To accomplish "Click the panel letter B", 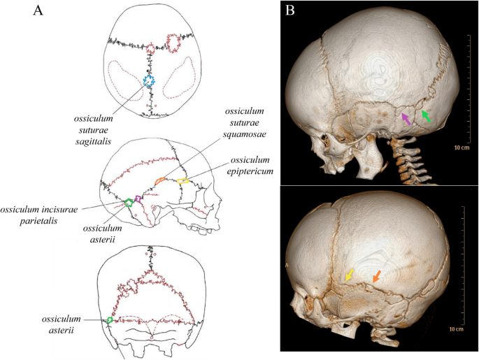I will [x=292, y=11].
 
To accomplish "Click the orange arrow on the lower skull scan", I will [x=376, y=277].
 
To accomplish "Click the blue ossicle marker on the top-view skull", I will [x=148, y=81].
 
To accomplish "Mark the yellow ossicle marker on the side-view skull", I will [x=183, y=182].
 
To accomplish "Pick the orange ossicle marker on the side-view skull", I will [x=160, y=180].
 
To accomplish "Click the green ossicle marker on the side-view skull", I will [x=129, y=203].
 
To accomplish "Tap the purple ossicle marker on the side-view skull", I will [x=138, y=199].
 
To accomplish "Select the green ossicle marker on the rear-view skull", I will [x=110, y=321].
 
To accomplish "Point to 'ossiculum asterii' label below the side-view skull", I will [x=106, y=234].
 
